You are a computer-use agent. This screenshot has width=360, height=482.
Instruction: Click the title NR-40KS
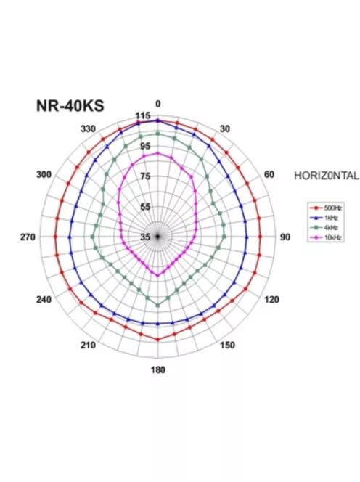click(70, 105)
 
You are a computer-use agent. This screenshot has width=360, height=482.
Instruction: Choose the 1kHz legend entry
click(323, 217)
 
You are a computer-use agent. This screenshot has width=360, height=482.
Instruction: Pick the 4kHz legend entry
click(323, 226)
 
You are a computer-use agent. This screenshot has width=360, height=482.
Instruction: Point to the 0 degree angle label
click(158, 104)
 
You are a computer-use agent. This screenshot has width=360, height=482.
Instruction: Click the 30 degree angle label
click(225, 128)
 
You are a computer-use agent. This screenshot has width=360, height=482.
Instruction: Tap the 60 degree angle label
click(269, 175)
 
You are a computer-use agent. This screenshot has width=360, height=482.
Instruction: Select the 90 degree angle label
click(285, 237)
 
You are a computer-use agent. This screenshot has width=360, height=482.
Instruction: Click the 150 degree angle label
click(227, 345)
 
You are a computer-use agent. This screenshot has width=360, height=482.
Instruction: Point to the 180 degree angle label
click(158, 369)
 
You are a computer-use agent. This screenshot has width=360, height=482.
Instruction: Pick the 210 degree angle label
click(88, 345)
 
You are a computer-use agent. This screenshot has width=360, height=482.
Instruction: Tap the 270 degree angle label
click(28, 237)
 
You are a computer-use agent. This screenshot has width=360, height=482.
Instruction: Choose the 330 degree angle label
click(88, 128)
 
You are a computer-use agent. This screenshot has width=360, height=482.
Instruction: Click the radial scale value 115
click(143, 116)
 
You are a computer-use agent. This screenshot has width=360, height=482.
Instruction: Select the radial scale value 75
click(145, 176)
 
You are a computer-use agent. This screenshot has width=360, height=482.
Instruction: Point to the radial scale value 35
click(145, 237)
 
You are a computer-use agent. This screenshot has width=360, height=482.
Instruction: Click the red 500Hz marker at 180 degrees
click(158, 339)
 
